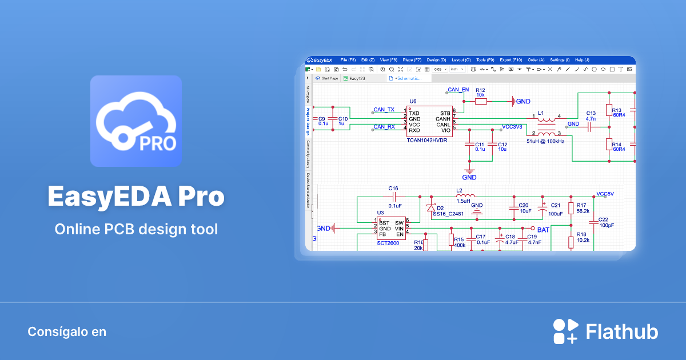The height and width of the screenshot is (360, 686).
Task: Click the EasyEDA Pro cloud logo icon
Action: click(x=136, y=121)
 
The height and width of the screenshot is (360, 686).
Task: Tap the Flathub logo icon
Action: click(x=566, y=331)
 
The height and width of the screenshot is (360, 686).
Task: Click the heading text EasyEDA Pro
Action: click(x=136, y=197)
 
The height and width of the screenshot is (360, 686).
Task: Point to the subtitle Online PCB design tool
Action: click(x=136, y=230)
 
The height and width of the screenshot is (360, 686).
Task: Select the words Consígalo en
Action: click(x=67, y=331)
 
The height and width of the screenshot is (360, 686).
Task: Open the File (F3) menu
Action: click(x=348, y=60)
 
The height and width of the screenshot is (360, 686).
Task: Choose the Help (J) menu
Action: click(x=582, y=60)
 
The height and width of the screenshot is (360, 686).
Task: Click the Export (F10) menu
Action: click(x=511, y=60)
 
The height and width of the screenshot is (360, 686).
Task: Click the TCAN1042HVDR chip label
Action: click(x=429, y=140)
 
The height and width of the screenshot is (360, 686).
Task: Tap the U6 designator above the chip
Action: click(x=413, y=101)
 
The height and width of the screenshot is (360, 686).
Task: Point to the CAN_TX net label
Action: click(x=384, y=109)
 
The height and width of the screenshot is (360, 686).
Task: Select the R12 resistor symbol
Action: click(x=481, y=101)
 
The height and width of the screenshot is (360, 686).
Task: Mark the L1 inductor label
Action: click(x=541, y=113)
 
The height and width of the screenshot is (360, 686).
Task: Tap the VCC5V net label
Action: click(x=605, y=194)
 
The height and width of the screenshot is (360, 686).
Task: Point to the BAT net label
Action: click(x=543, y=229)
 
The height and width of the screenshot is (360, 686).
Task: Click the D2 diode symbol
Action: click(x=431, y=207)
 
